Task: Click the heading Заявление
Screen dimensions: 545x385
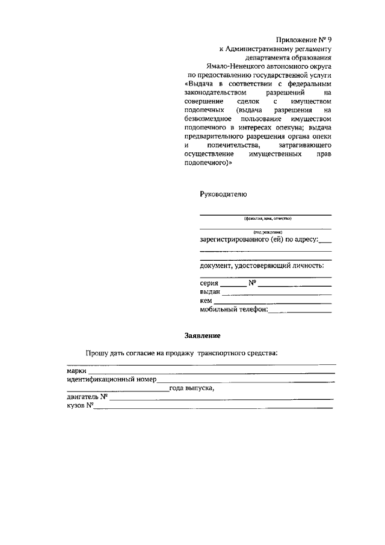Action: click(202, 335)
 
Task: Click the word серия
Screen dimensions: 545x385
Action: click(209, 283)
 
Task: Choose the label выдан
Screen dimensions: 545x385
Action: click(211, 292)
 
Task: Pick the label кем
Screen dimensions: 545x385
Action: click(206, 301)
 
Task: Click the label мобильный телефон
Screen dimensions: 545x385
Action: click(233, 310)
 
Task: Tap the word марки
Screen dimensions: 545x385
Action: click(76, 371)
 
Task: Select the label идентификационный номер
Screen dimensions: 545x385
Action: click(111, 379)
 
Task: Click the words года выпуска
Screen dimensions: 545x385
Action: click(191, 388)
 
